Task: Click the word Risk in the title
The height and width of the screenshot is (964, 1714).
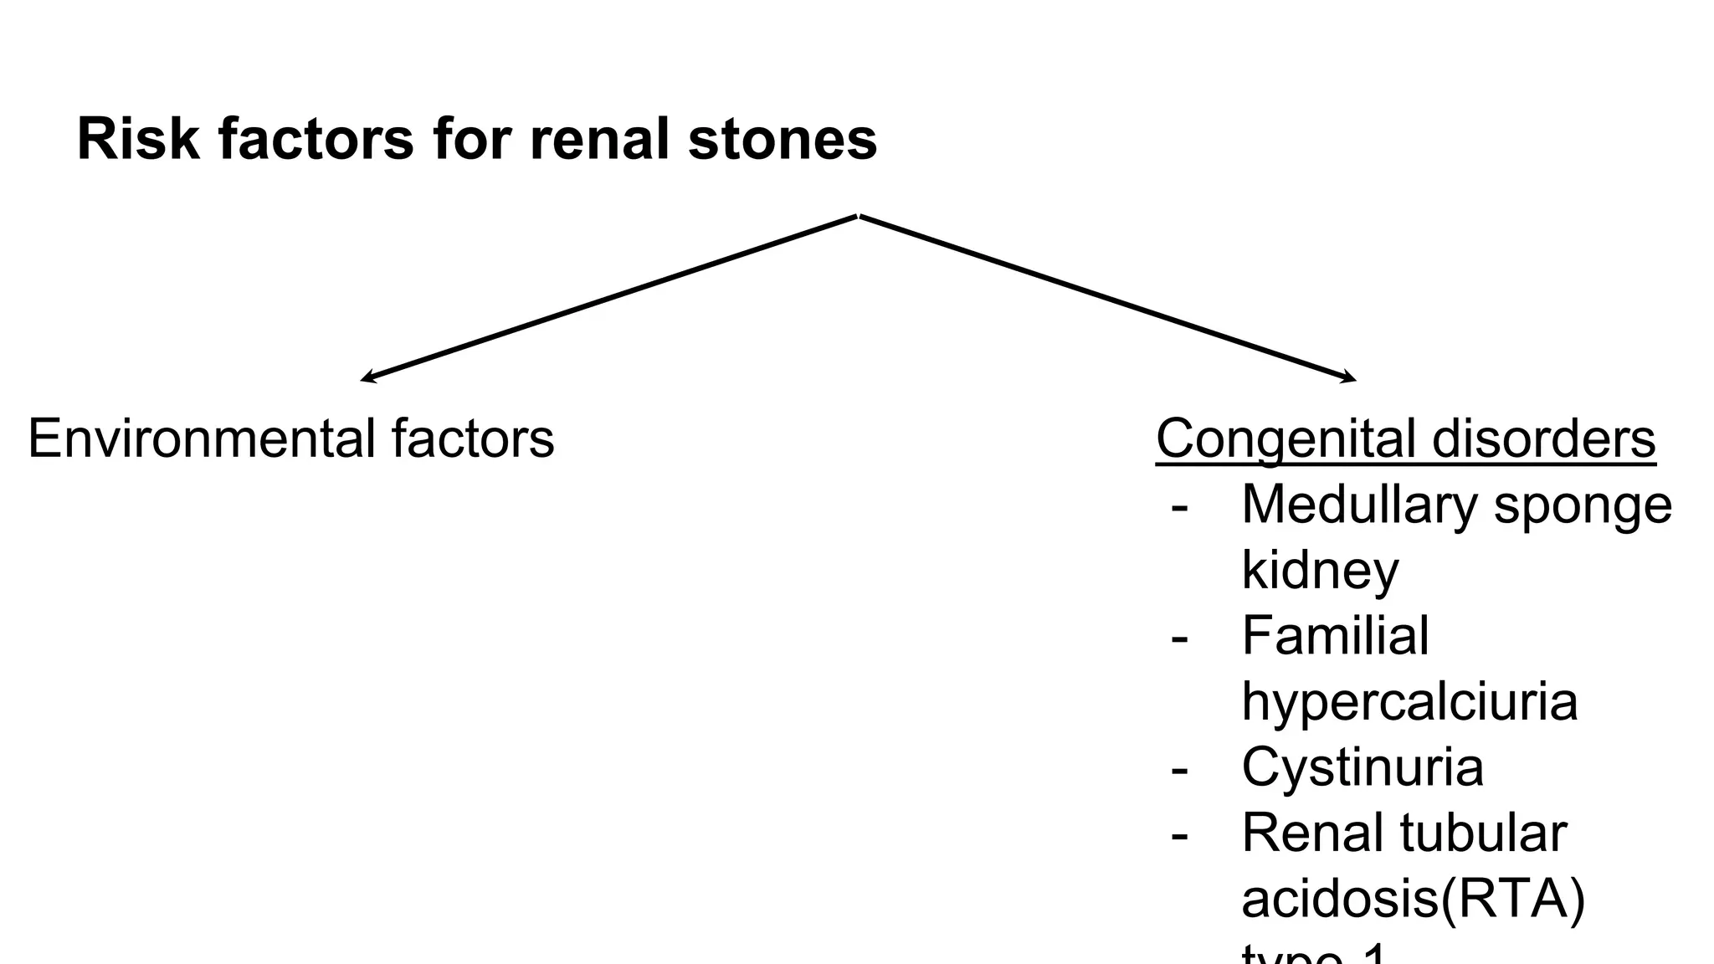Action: [138, 139]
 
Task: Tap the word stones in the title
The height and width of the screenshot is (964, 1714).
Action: [783, 139]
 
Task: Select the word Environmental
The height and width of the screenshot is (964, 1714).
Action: [201, 438]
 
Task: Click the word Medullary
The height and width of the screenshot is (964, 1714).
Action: [1359, 505]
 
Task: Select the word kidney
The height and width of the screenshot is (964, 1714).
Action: [1320, 571]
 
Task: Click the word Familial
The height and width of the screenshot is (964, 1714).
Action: [1335, 636]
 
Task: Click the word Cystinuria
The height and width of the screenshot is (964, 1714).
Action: [1362, 767]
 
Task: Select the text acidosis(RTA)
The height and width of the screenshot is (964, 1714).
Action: [1413, 899]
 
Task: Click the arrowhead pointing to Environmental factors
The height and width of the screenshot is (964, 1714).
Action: [365, 380]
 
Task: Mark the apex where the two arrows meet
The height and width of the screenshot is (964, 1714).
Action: [859, 216]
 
